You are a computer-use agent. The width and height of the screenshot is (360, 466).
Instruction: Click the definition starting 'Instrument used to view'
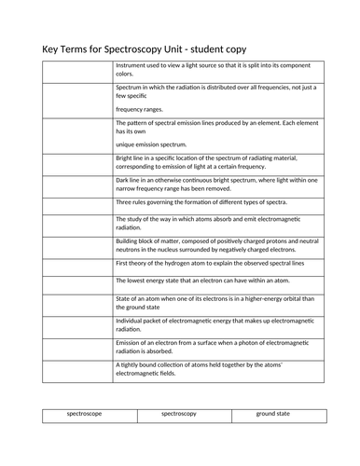tap(215, 70)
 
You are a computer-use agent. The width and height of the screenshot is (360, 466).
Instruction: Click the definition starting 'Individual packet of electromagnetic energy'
tap(214, 324)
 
